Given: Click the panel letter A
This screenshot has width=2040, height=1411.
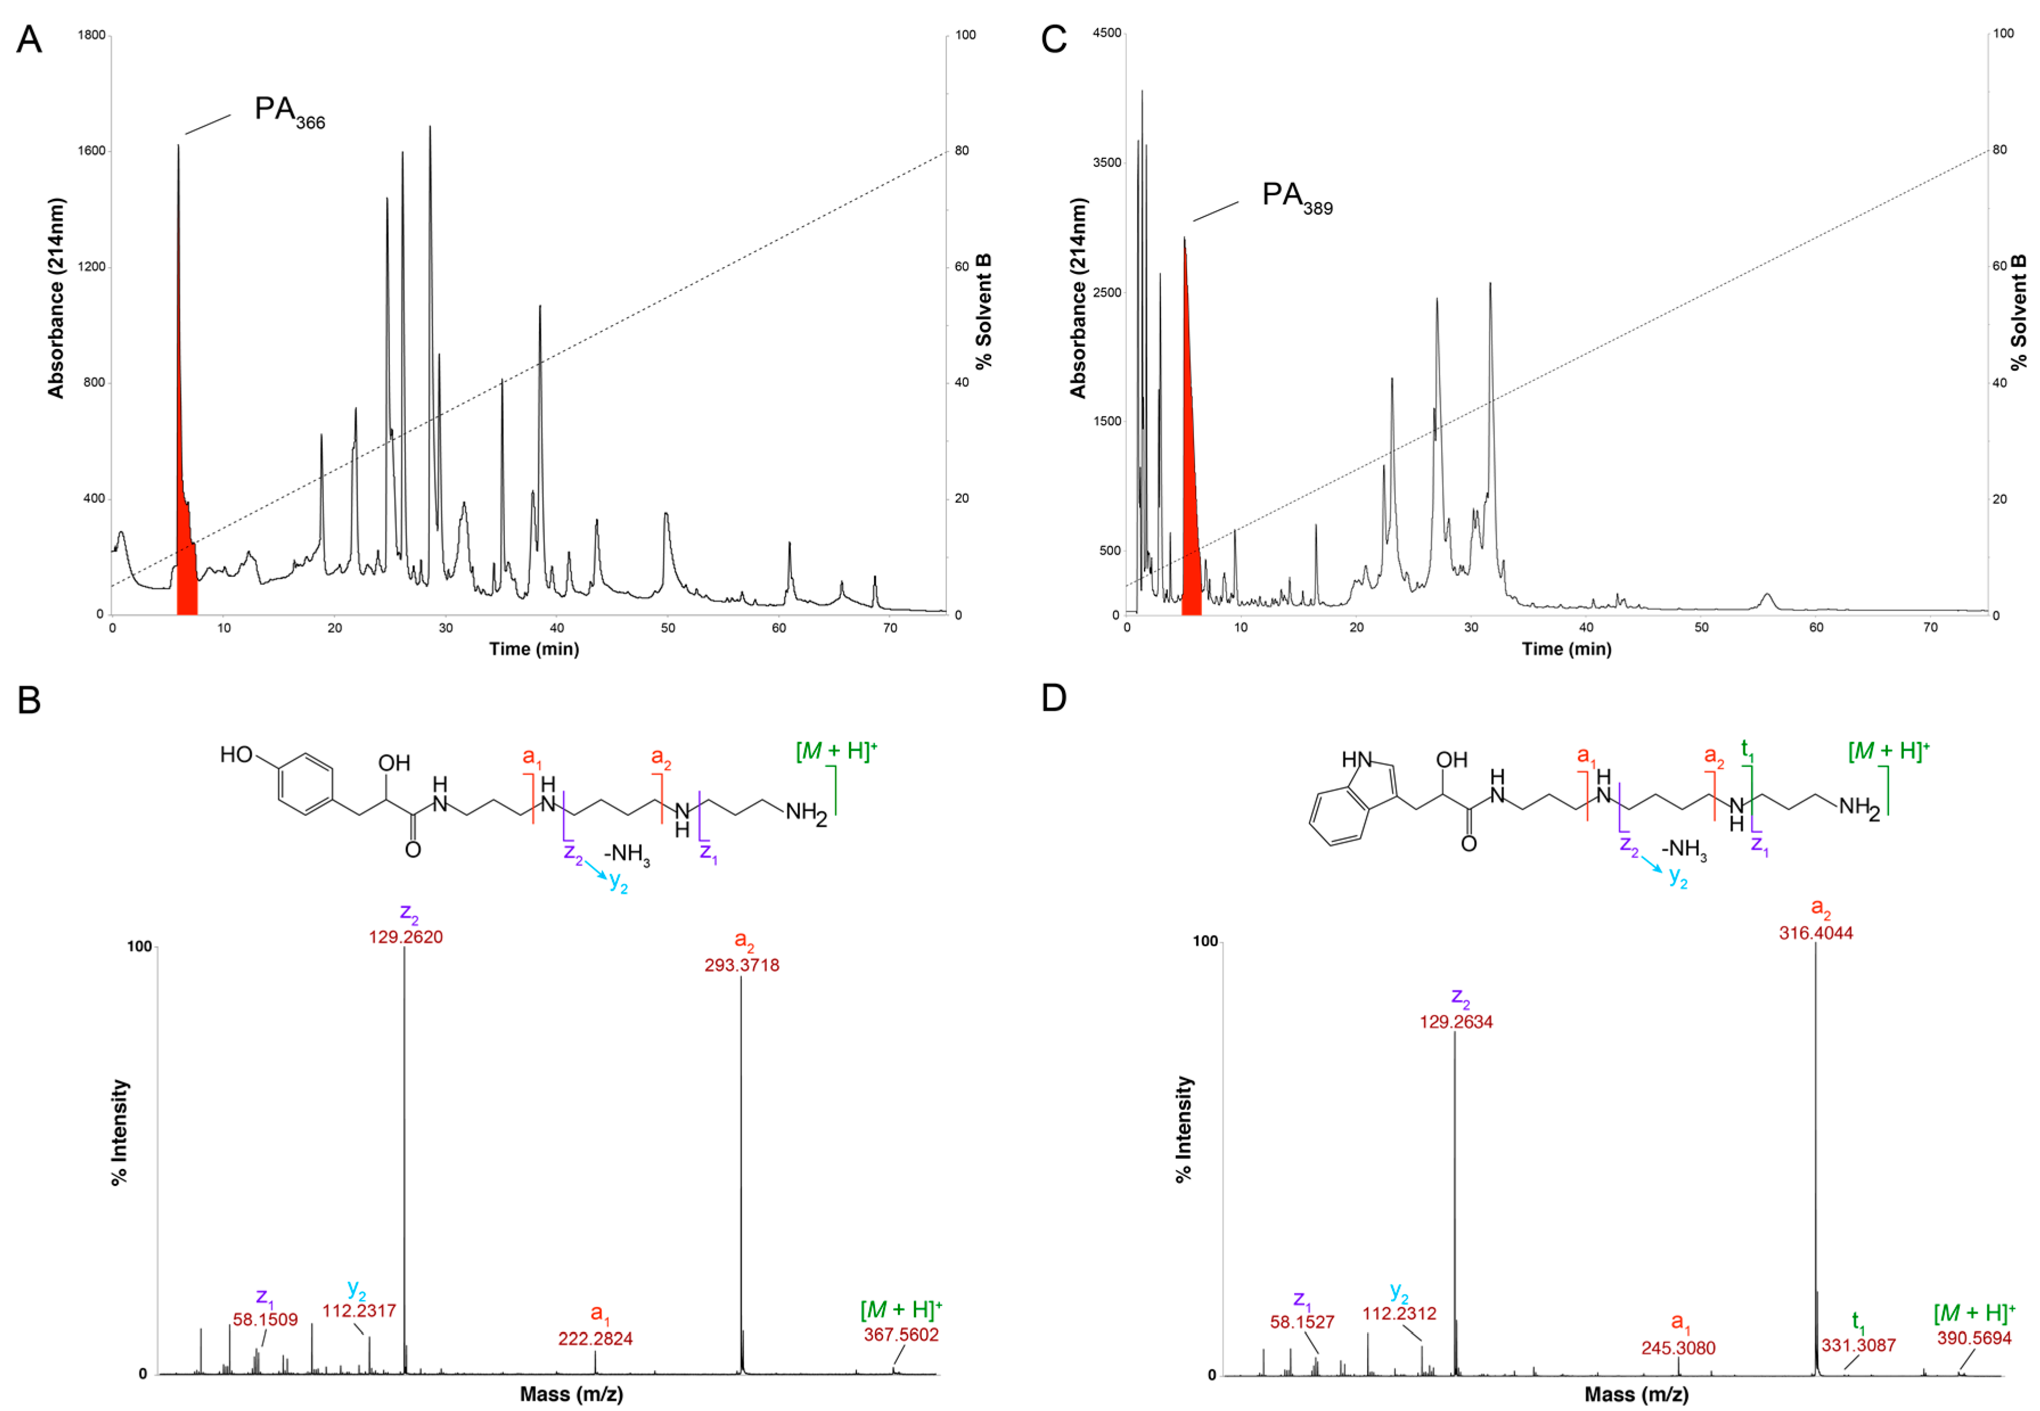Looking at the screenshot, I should click(29, 40).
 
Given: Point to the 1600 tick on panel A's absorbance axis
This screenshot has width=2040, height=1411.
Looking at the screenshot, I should click(91, 150).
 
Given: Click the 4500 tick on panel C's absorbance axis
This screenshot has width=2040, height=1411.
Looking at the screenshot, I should click(1107, 32).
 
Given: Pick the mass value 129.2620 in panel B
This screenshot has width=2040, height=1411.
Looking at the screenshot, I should click(406, 938).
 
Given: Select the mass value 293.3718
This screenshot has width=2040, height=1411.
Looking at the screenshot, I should click(741, 965).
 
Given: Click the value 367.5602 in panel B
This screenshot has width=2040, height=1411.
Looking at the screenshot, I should click(901, 1334).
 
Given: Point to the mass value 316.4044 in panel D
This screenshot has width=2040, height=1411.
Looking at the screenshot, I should click(1816, 933).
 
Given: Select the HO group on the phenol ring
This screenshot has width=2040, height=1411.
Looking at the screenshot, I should click(236, 754).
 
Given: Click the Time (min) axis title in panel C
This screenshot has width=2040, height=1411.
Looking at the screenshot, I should click(1566, 649).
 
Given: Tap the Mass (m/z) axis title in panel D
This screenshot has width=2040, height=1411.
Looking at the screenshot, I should click(1636, 1395).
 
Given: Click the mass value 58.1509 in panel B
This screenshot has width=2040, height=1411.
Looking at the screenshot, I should click(265, 1320).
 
